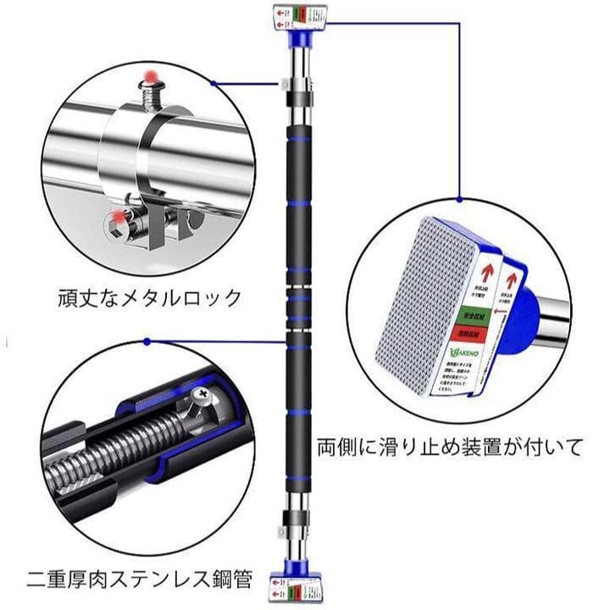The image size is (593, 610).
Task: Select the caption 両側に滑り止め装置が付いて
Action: click(450, 445)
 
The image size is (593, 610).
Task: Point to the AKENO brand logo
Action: click(463, 355)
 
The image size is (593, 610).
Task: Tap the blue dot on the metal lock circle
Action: click(216, 83)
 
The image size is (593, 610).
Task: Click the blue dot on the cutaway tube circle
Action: click(147, 342)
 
